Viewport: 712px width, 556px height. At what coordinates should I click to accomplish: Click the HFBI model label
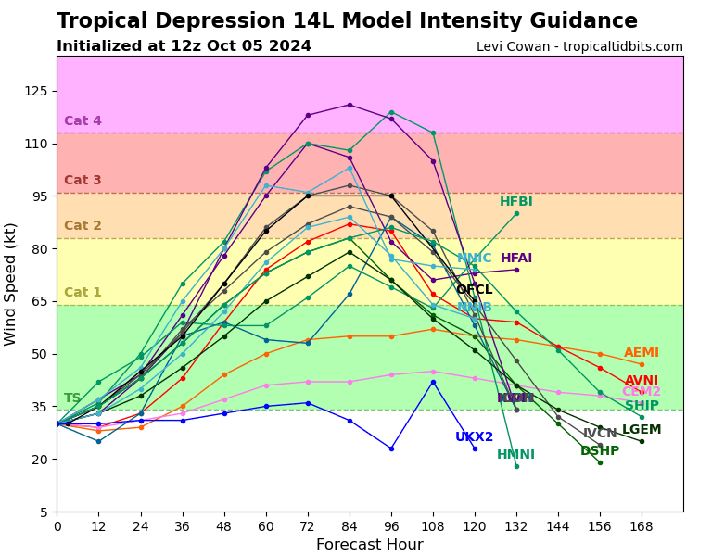click(515, 202)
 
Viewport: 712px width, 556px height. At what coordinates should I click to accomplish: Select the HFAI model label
click(516, 259)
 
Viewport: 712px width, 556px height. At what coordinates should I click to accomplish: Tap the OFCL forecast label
click(474, 290)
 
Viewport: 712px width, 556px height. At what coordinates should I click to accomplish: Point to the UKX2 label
click(474, 437)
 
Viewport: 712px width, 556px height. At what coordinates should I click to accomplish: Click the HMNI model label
click(515, 455)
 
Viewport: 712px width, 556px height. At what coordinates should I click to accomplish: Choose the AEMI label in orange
click(641, 353)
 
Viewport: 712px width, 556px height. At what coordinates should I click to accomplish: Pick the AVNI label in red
click(641, 381)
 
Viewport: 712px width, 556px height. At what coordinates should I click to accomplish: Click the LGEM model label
click(641, 430)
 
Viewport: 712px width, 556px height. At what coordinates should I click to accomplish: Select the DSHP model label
click(599, 451)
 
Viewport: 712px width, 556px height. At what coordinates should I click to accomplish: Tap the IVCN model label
click(599, 434)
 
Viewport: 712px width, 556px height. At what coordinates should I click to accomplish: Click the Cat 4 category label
click(83, 121)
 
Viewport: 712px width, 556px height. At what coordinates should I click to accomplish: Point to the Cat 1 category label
click(83, 293)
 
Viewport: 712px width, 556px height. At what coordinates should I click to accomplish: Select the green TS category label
click(72, 398)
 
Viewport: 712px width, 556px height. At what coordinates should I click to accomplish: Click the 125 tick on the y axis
click(36, 91)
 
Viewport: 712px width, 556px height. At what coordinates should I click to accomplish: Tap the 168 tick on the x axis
click(641, 525)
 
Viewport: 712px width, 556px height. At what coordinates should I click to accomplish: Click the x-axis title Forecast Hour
click(369, 545)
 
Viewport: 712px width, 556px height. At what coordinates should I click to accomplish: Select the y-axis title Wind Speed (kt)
click(11, 284)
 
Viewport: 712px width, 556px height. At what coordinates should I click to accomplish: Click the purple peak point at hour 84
click(350, 105)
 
